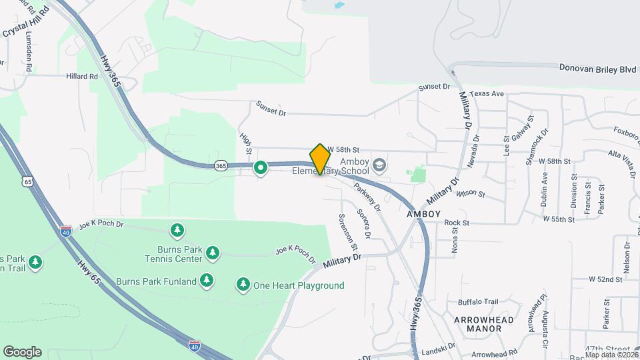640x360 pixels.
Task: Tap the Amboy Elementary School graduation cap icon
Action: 379,165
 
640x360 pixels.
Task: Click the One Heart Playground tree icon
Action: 243,285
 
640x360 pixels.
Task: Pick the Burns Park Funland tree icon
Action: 207,281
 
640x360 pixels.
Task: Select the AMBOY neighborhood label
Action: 424,214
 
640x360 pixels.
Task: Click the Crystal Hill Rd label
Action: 27,22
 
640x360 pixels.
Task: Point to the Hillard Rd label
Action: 81,77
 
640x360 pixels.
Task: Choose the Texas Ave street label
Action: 486,94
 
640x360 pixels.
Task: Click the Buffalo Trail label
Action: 477,302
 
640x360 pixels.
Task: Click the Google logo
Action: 22,352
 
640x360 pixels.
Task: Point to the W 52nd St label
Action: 605,280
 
